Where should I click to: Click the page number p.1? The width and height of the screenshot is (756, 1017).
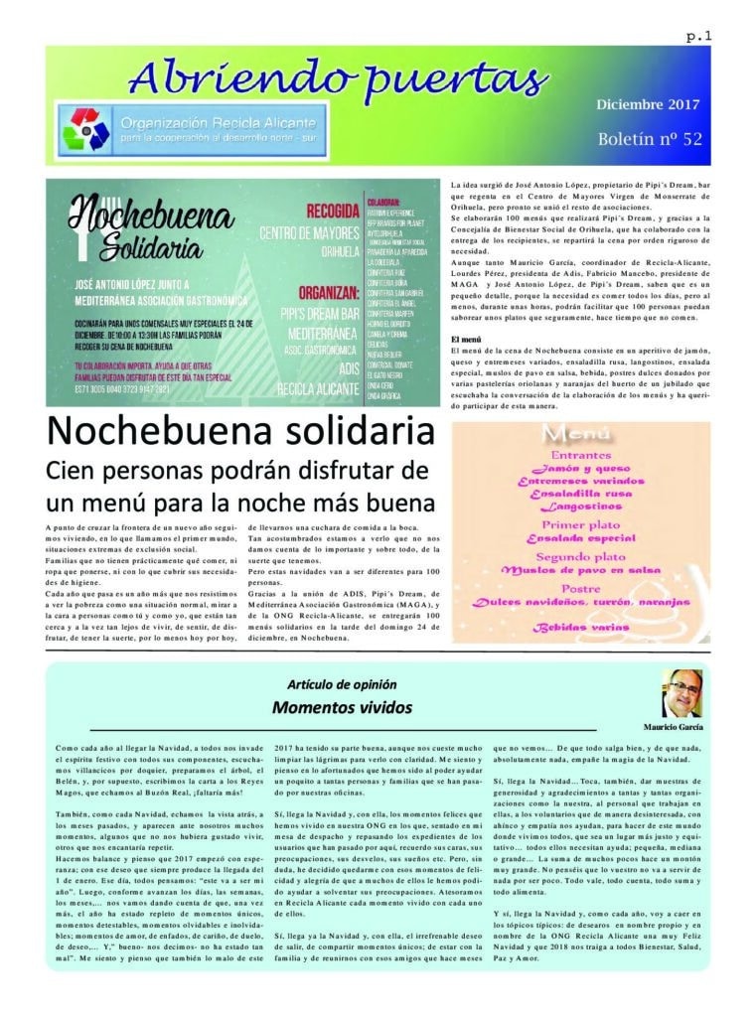click(698, 37)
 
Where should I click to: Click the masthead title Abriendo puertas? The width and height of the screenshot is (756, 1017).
click(338, 76)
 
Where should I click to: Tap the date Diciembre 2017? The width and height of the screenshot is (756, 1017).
click(648, 104)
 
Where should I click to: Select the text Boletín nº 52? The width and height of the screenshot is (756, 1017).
click(650, 138)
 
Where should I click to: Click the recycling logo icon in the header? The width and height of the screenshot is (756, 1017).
click(84, 129)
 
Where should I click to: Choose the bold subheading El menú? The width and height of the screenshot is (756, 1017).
click(466, 341)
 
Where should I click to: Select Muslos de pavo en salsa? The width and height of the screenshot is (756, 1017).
click(581, 570)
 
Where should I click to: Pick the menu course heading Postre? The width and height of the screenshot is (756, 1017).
click(580, 587)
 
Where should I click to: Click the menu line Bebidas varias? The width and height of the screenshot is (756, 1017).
click(581, 628)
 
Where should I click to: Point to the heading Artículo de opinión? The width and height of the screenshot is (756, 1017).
click(342, 685)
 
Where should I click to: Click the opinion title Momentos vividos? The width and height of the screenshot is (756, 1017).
click(341, 707)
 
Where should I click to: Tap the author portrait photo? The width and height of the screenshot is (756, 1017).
click(682, 692)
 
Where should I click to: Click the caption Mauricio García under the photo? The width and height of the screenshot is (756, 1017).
click(673, 725)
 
